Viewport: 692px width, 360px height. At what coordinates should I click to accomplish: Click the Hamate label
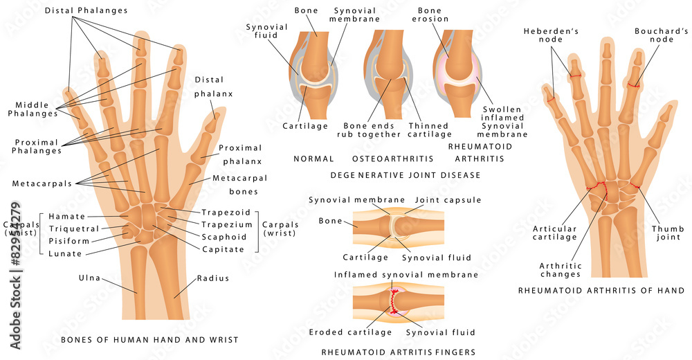point(66,217)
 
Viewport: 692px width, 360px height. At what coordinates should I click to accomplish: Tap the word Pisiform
point(69,241)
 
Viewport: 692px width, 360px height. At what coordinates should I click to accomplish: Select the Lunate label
point(65,253)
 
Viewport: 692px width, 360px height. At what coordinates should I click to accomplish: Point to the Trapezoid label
point(226,213)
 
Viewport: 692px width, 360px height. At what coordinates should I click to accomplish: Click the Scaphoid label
point(224,237)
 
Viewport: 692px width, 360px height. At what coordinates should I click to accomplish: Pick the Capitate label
point(223,249)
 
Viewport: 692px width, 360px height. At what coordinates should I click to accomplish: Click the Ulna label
point(89,278)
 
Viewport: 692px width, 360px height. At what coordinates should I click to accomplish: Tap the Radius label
point(212,278)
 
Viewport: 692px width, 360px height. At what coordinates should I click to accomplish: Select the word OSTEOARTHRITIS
point(393,159)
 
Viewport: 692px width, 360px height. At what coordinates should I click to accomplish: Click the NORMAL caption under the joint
point(313,159)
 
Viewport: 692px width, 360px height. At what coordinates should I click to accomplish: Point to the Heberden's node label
point(551,35)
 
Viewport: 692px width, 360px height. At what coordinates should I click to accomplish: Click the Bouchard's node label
point(661,35)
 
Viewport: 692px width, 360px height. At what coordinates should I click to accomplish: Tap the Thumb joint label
point(668,233)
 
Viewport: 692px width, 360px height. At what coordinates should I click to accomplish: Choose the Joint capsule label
point(448,200)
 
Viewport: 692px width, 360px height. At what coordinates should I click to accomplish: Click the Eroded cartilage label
point(350,332)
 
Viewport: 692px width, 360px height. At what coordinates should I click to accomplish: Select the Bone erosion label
point(430,15)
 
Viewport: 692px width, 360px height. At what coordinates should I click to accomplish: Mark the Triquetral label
point(74,229)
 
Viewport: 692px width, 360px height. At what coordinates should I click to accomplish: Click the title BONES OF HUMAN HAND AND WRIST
point(149,340)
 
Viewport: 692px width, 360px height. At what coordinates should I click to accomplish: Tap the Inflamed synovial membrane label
point(406,275)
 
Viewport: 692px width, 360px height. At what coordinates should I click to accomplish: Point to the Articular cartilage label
point(555,233)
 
